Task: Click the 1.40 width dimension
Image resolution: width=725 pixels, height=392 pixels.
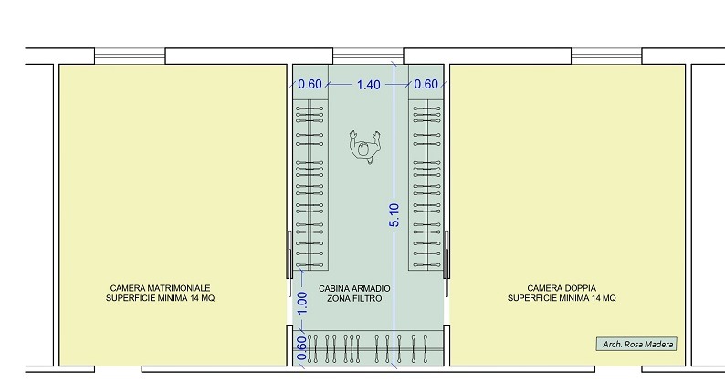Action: [369, 85]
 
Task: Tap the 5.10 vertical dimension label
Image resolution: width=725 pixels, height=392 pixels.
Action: [394, 215]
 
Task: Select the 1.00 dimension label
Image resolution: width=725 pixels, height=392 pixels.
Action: [302, 303]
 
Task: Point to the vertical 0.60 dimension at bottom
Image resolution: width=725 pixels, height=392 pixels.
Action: [301, 348]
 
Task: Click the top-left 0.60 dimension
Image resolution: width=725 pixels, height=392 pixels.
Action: [310, 84]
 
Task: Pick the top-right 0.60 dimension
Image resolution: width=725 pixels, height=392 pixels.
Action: [426, 84]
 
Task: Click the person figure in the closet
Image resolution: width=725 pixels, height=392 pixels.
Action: [365, 147]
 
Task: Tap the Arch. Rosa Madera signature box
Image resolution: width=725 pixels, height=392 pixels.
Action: [636, 344]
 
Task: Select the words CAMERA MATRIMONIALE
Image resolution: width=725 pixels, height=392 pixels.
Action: [160, 288]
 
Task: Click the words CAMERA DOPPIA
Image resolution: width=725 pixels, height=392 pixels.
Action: [562, 288]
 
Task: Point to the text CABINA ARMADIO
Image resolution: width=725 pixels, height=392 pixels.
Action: [354, 289]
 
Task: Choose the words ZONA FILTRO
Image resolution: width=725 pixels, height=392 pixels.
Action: [354, 298]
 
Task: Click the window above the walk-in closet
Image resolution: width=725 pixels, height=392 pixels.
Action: [368, 56]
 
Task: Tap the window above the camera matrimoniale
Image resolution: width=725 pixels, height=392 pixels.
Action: [130, 56]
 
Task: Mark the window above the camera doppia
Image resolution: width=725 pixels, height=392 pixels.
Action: [606, 56]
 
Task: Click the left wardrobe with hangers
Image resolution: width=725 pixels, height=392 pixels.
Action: [310, 185]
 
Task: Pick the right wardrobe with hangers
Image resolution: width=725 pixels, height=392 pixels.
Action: [426, 185]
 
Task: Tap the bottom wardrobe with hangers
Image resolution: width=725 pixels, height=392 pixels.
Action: [368, 348]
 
